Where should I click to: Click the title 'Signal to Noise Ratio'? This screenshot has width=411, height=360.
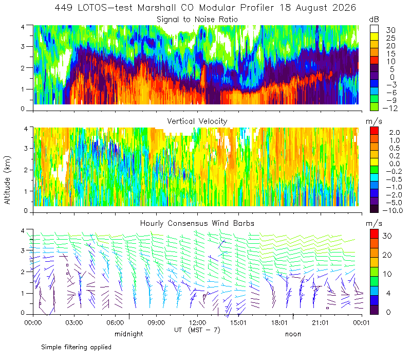coord(197,20)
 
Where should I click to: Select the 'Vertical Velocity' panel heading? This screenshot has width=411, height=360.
coord(197,121)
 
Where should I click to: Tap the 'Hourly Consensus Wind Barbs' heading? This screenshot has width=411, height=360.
coord(197,223)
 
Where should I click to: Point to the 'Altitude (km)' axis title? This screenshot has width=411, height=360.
coord(7,181)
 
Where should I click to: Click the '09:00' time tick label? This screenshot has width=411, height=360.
coord(156,322)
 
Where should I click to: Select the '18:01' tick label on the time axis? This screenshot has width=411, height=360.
coord(279,322)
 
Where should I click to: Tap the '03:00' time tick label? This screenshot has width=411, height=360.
coord(74,322)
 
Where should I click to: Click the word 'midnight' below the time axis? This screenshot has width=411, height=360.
coord(129,334)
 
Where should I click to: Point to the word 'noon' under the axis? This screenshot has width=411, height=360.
coord(293,334)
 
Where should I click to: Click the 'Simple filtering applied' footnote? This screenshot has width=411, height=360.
coord(76,348)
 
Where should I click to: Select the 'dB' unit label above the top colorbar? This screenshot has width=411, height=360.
coord(374,20)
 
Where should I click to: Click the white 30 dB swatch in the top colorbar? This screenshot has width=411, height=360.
coord(374,29)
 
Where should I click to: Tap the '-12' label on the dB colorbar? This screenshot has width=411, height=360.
coord(390,108)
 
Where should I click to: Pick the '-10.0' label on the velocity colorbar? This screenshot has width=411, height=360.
coord(393,210)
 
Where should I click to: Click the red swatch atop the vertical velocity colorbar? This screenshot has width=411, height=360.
coord(374,131)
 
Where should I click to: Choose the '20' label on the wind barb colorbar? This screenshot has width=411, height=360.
coord(387,255)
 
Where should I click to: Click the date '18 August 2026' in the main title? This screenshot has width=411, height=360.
coord(317,8)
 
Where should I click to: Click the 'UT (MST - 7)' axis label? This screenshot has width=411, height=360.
coord(197,330)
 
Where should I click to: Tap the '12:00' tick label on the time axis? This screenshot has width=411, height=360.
coord(197,322)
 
